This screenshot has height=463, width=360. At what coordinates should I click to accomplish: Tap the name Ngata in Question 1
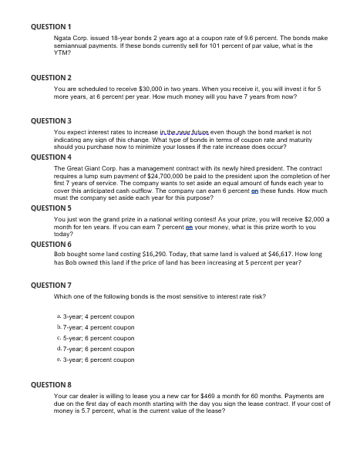63,37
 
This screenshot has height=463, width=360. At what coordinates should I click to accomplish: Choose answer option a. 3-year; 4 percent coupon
96,317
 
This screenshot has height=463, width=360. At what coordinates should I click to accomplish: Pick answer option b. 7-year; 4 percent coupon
96,328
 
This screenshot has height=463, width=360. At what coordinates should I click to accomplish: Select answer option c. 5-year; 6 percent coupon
96,338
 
